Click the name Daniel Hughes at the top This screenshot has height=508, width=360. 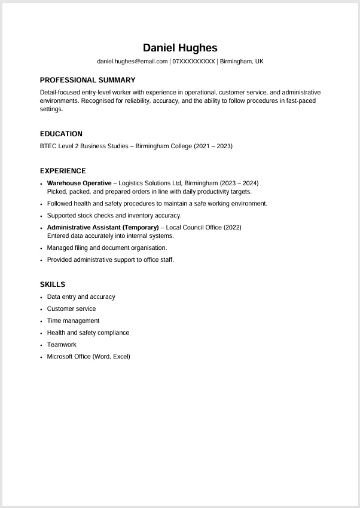[x=180, y=48]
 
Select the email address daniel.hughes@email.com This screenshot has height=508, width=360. [x=132, y=62]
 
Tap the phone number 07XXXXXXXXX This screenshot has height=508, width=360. [x=193, y=62]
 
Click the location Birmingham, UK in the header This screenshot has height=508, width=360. [x=242, y=62]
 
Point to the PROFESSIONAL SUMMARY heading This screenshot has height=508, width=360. [x=87, y=80]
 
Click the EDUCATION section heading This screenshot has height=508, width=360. [x=61, y=134]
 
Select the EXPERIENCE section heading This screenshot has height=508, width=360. [x=63, y=171]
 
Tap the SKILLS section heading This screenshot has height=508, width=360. [x=53, y=284]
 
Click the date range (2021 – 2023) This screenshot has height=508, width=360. [x=213, y=146]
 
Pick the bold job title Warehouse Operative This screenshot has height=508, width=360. [x=79, y=183]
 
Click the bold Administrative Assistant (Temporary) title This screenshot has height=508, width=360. [x=103, y=228]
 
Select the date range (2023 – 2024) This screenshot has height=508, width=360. [x=239, y=183]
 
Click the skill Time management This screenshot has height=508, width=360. [x=73, y=321]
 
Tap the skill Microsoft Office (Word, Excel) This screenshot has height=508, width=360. [x=89, y=357]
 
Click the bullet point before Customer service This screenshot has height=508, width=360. [x=41, y=309]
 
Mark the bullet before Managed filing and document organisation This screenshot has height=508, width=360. [x=41, y=248]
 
